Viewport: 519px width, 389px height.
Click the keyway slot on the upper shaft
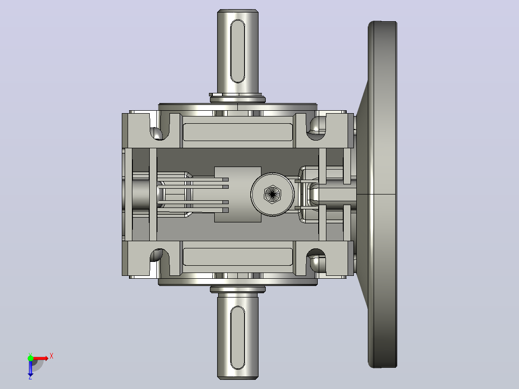[237, 51]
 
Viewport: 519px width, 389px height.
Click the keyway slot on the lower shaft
[237, 337]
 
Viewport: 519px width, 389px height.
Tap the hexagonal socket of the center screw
[272, 194]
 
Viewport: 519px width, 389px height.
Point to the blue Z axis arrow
[30, 369]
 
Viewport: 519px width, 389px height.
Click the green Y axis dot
[30, 358]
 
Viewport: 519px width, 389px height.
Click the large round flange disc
[383, 194]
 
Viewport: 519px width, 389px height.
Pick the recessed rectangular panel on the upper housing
[238, 132]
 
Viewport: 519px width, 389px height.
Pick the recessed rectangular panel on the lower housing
[238, 257]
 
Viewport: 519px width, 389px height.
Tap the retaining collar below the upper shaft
[237, 98]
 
